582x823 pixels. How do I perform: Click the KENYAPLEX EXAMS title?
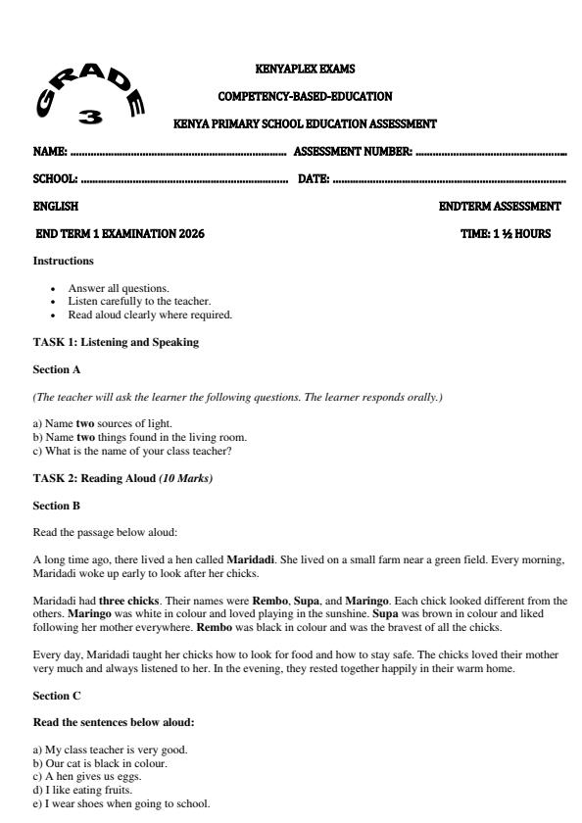tap(304, 70)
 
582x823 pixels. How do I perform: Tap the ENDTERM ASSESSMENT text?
tap(501, 207)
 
